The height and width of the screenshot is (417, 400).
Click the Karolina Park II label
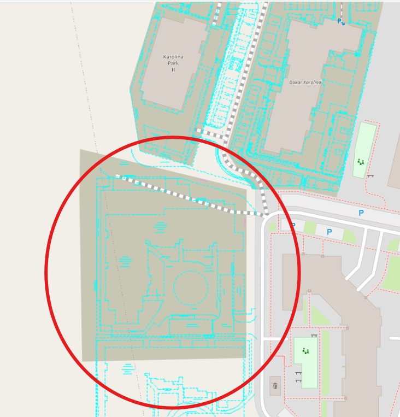pyautogui.click(x=173, y=63)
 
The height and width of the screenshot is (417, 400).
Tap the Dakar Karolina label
pyautogui.click(x=305, y=82)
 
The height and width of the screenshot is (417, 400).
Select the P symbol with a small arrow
pyautogui.click(x=340, y=21)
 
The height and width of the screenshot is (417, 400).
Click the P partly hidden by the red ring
pyautogui.click(x=293, y=225)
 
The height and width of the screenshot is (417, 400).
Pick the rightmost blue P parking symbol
pyautogui.click(x=361, y=213)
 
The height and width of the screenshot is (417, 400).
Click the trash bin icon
pyautogui.click(x=275, y=386)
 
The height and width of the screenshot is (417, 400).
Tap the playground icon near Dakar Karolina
pyautogui.click(x=361, y=161)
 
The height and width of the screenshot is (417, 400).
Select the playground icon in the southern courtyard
pyautogui.click(x=305, y=351)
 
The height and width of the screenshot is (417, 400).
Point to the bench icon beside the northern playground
pyautogui.click(x=370, y=175)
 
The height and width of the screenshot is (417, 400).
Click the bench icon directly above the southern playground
pyautogui.click(x=314, y=335)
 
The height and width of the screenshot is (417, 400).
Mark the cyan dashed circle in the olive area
pyautogui.click(x=191, y=288)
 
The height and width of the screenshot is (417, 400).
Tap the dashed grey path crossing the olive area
pyautogui.click(x=186, y=197)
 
